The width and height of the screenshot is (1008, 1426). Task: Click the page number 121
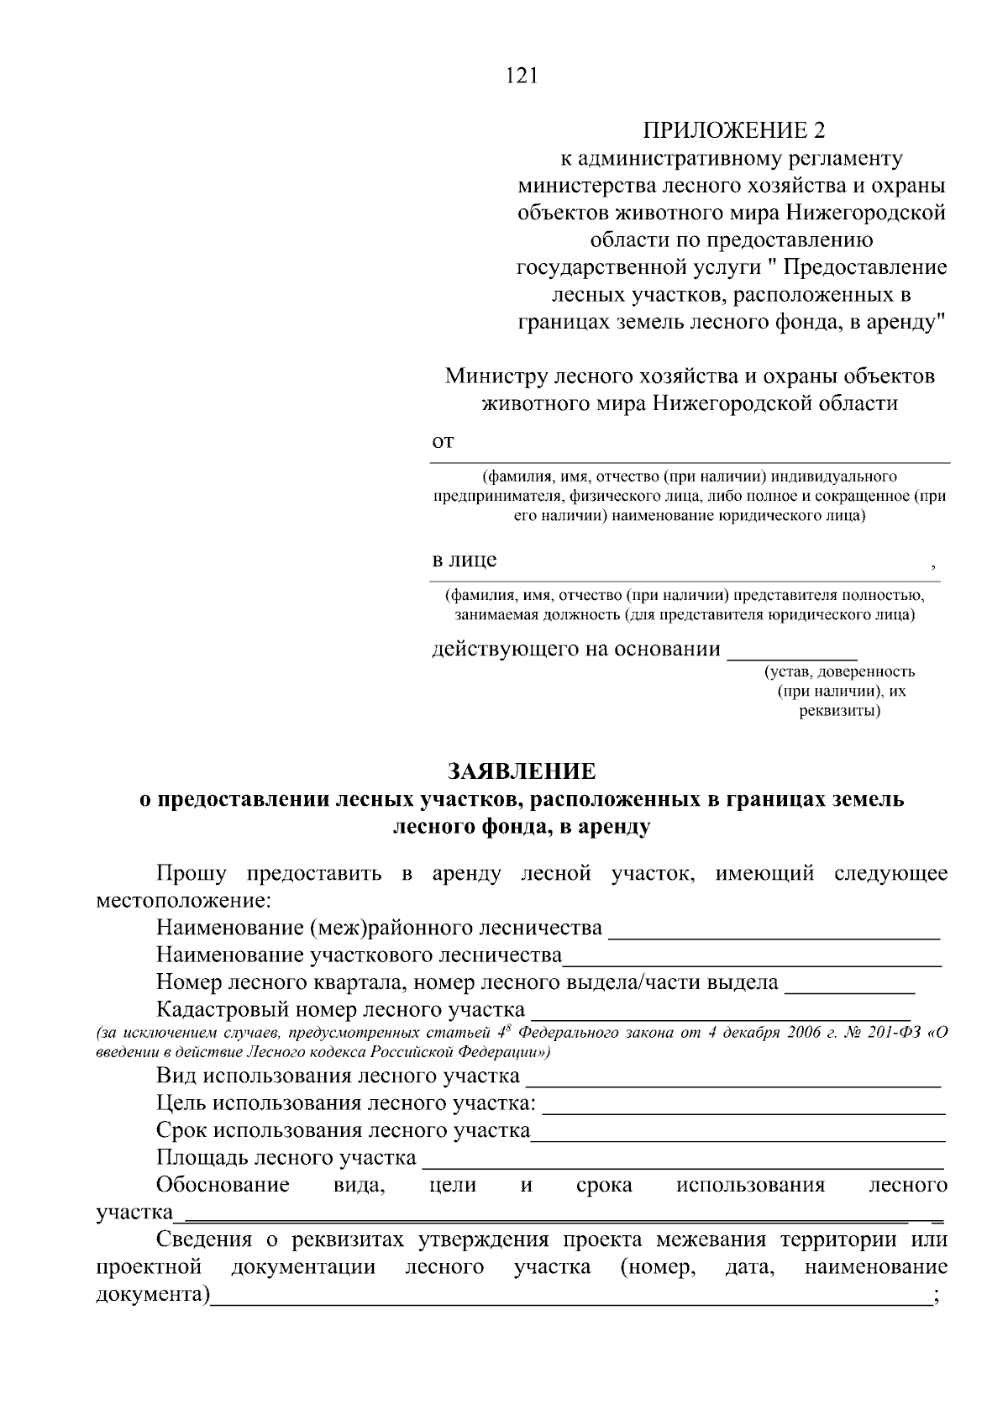(521, 76)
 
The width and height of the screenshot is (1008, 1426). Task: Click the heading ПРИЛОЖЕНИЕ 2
(734, 130)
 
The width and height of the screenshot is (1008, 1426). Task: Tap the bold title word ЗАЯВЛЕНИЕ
(521, 771)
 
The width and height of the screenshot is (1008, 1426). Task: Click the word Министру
(495, 376)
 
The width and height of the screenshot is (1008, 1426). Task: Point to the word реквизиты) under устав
(839, 711)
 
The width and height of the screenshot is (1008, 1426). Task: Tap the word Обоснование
(223, 1185)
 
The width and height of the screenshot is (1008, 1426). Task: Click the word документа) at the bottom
(153, 1294)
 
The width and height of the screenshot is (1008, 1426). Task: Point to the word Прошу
(191, 873)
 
